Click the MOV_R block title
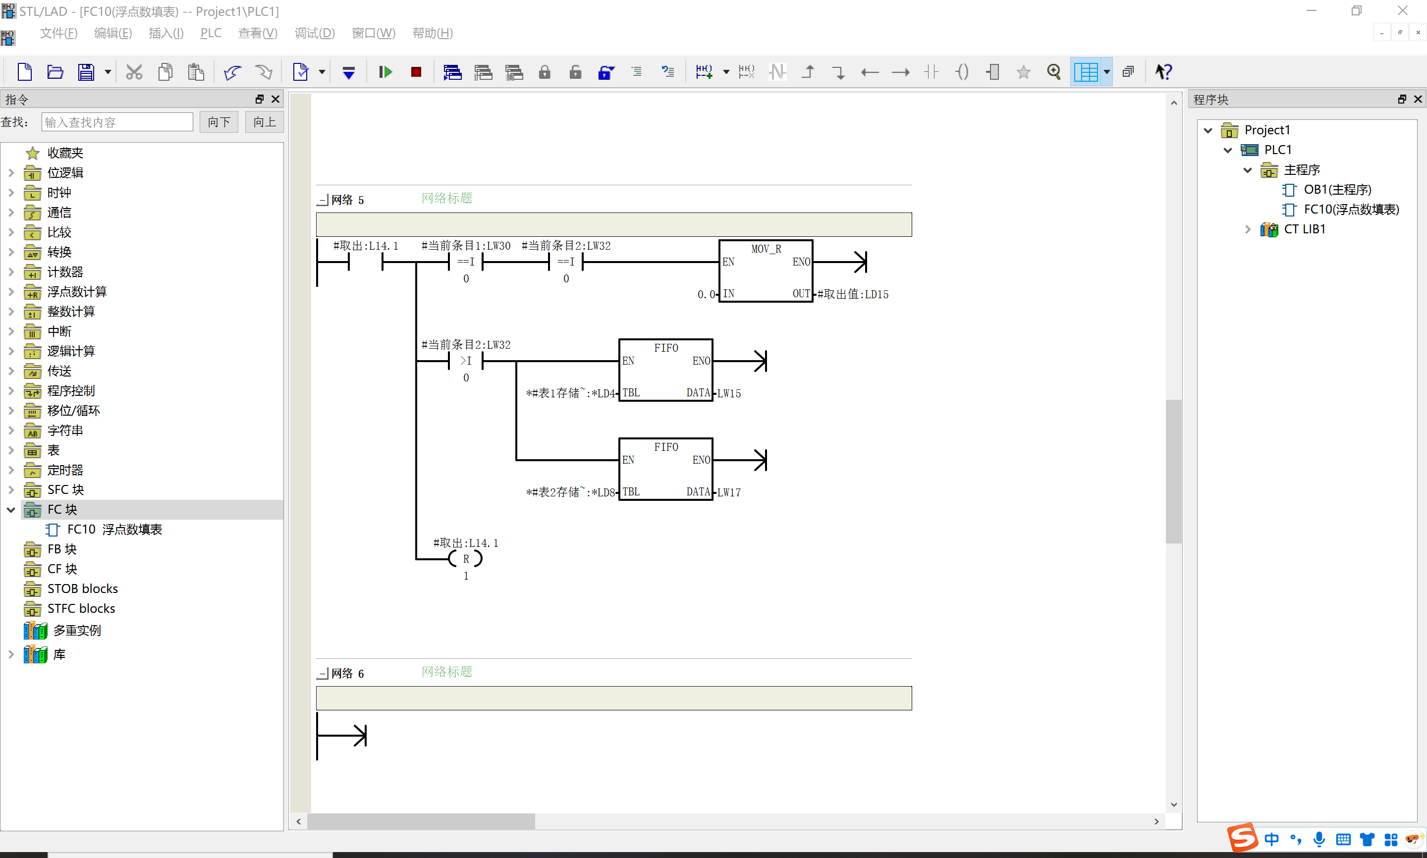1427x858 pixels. coord(766,249)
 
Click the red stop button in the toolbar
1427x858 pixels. coord(416,72)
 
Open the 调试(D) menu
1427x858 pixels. coord(315,33)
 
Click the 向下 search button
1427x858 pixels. coord(219,122)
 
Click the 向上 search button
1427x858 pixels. coord(264,122)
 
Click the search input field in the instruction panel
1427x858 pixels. coord(117,122)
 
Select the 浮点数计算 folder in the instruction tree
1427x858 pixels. coord(77,291)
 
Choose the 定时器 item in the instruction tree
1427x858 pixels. coord(65,470)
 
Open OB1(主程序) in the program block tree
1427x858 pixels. coord(1337,190)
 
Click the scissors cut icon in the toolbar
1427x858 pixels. coord(134,72)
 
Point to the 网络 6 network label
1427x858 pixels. coord(347,674)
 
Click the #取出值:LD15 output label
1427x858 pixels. coord(853,294)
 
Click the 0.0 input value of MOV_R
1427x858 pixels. coord(706,294)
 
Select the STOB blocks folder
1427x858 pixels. coord(82,589)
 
